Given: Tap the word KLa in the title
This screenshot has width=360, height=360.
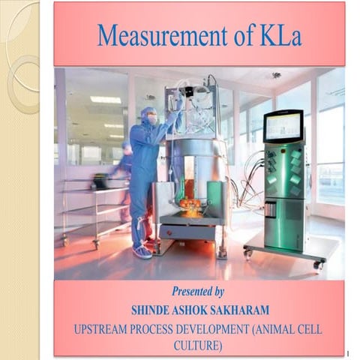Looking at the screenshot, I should (275, 35).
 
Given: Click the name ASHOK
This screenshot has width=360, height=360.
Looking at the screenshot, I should (205, 310).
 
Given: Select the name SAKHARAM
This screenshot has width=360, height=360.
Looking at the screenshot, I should (259, 310).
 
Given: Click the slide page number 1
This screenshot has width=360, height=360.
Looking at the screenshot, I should (348, 352).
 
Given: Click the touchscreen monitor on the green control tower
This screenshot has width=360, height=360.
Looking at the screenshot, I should (283, 126).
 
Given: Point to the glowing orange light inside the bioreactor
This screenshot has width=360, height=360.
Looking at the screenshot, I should (190, 206).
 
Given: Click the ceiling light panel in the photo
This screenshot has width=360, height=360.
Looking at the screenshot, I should (105, 99).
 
